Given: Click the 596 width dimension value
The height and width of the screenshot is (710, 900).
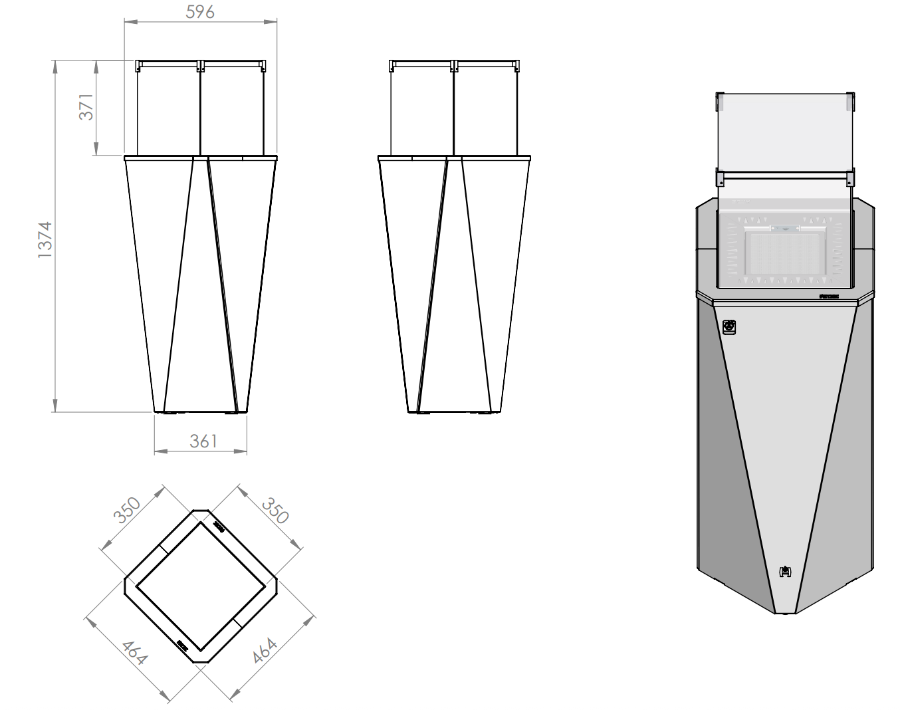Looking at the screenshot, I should (200, 11).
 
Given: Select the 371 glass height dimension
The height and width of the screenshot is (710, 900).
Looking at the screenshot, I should (86, 106).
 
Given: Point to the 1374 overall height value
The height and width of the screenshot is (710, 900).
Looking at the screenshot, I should (45, 239).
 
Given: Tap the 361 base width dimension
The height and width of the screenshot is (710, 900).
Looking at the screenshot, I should (203, 441).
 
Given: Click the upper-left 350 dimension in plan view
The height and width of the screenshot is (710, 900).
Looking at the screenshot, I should (127, 510).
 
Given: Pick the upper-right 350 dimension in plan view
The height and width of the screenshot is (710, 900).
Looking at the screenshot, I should (275, 510).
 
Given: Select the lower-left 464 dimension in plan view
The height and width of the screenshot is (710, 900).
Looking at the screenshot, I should (134, 652).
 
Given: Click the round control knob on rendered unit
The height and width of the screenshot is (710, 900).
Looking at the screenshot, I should (729, 327).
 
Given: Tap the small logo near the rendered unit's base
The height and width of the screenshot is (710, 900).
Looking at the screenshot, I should (786, 570).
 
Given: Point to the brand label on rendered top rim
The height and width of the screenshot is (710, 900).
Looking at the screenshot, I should (829, 296).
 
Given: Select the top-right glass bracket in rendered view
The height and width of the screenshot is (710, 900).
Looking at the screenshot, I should (851, 102).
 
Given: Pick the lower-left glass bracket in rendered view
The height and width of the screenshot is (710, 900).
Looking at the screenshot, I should (719, 178).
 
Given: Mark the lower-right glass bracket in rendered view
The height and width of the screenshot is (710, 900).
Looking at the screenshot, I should (850, 178).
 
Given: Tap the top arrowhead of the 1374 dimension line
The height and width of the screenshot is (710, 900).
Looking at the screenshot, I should (55, 65).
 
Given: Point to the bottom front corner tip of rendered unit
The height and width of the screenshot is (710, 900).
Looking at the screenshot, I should (785, 612).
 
